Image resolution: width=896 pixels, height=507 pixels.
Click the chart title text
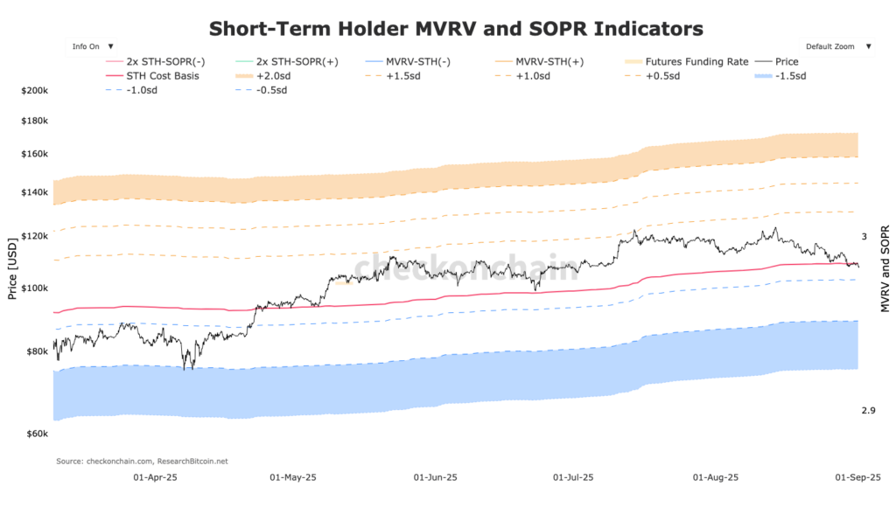point(455,29)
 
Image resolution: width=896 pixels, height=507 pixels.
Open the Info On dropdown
point(92,46)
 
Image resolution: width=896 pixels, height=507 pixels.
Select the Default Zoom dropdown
point(837,46)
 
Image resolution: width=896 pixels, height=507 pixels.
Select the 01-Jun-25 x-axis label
point(435,478)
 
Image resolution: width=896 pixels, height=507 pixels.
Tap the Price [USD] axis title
point(12,266)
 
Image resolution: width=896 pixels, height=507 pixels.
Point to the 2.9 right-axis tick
point(868,411)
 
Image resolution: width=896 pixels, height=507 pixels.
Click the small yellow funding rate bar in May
point(343,283)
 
